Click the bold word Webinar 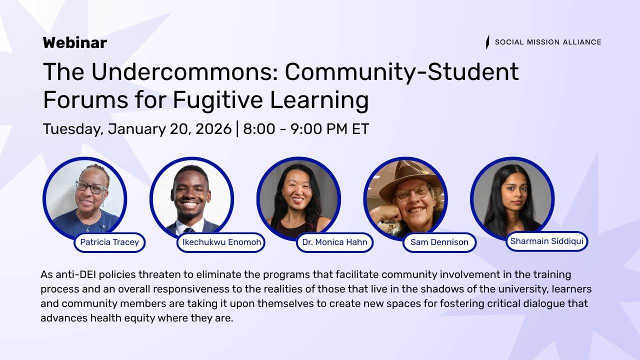75,43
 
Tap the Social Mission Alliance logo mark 487,42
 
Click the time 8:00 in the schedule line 259,129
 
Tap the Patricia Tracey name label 109,242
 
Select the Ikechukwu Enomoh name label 220,242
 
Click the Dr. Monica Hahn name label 334,242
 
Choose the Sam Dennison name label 439,242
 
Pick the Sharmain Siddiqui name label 546,241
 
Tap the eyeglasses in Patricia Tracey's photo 90,187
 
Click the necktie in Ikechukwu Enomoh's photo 189,230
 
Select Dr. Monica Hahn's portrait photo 298,199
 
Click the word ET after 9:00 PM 360,129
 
